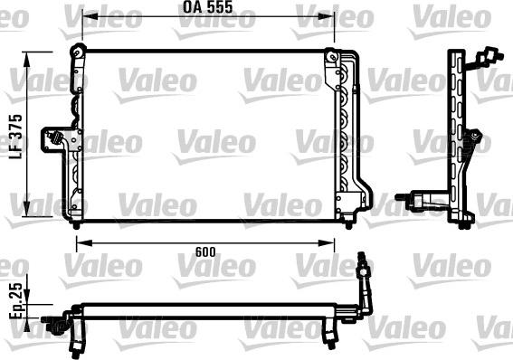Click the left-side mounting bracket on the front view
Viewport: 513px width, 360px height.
(63, 141)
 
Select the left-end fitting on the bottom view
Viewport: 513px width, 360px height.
(62, 320)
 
